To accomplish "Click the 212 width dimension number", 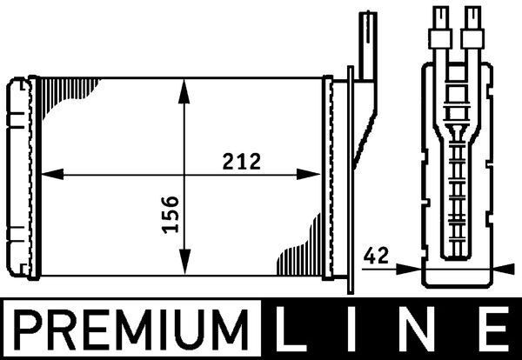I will pos(240,161).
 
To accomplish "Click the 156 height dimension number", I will pos(171,213).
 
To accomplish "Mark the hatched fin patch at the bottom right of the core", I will pos(300,257).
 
